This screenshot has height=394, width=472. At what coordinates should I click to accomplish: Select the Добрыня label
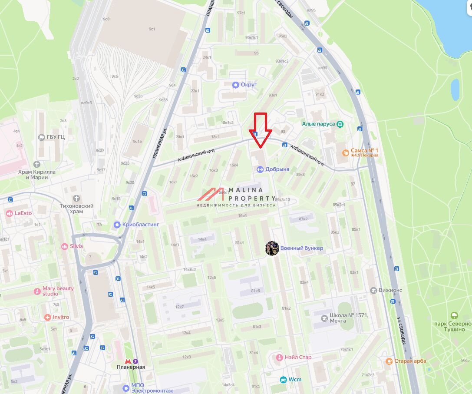pos(277,169)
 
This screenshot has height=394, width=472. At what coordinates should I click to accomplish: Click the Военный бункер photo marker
pos(272,248)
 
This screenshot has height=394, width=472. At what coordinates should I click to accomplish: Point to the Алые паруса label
pos(318,124)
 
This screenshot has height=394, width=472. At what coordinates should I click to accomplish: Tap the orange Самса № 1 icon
pos(346,152)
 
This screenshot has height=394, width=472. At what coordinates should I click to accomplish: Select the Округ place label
pos(248,85)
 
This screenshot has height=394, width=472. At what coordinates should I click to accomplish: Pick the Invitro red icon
pos(48,318)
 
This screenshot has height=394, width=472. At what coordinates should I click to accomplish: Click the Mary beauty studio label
pos(58,291)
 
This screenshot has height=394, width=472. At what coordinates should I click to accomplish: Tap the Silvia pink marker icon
pos(65,246)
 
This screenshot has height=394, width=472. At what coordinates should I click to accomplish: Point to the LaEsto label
pos(23,213)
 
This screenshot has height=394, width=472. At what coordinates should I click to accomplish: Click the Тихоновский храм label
pos(76,209)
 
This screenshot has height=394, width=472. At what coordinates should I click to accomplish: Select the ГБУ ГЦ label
pos(56,137)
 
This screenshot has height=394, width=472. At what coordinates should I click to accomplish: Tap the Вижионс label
pos(390,290)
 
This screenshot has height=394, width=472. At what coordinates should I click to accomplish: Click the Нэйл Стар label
pos(298,358)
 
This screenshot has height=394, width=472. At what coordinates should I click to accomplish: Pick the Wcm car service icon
pos(284,380)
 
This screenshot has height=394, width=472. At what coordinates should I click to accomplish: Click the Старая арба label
pos(410,361)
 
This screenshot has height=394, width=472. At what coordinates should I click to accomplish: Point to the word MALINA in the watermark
pos(246,190)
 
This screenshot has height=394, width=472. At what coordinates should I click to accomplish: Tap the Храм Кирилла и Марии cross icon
pos(37,164)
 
